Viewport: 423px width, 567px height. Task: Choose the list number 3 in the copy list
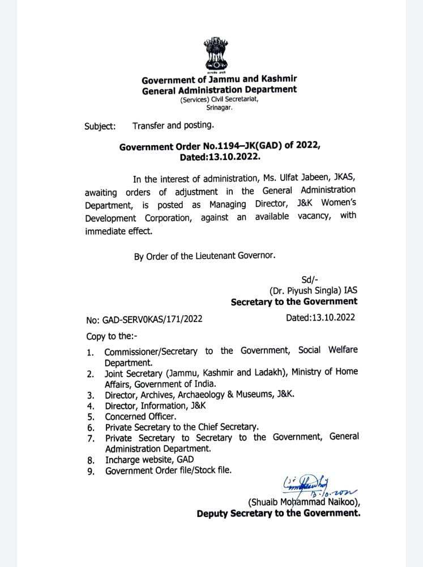pyautogui.click(x=90, y=395)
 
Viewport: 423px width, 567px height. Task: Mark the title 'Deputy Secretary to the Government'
pyautogui.click(x=278, y=514)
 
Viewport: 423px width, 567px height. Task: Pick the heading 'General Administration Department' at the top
pyautogui.click(x=219, y=89)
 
